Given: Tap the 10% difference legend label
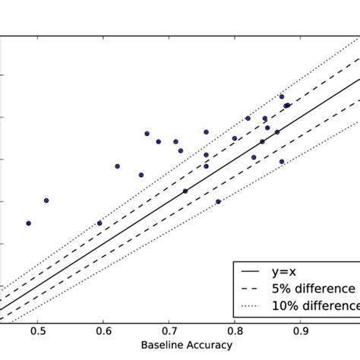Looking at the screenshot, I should [x=319, y=305].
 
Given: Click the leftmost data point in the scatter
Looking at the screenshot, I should [x=28, y=223].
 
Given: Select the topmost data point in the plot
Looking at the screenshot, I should [x=282, y=96].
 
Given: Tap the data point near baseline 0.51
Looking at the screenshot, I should [x=46, y=201].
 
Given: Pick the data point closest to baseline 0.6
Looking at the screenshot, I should [x=99, y=223].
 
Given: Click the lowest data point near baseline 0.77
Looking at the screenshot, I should [x=218, y=201].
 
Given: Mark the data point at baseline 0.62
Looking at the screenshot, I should [x=117, y=166].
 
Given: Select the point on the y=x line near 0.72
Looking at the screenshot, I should [x=185, y=191].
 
